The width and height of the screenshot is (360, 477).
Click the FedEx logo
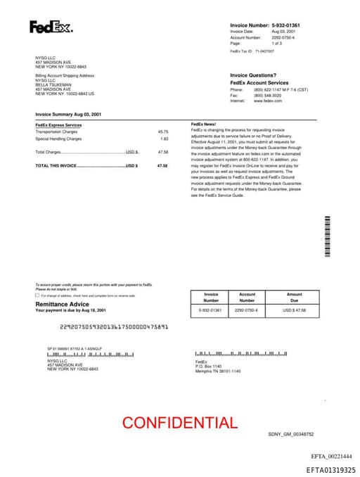pyautogui.click(x=51, y=27)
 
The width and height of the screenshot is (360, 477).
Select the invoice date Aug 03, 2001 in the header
pyautogui.click(x=283, y=32)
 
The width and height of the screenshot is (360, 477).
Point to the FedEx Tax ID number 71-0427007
pyautogui.click(x=264, y=51)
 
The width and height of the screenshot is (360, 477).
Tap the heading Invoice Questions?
pyautogui.click(x=253, y=75)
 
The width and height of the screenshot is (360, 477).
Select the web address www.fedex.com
pyautogui.click(x=267, y=101)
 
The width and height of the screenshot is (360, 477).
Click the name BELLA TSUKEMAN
pyautogui.click(x=53, y=84)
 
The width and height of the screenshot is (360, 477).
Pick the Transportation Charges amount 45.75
pyautogui.click(x=163, y=132)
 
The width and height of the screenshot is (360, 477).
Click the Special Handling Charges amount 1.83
pyautogui.click(x=165, y=139)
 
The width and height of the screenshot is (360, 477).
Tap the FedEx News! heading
pyautogui.click(x=204, y=125)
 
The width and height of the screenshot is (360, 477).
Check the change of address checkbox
pyautogui.click(x=37, y=295)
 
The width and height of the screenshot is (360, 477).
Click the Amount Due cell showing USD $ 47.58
pyautogui.click(x=295, y=310)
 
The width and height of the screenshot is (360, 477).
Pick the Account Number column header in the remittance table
pyautogui.click(x=247, y=297)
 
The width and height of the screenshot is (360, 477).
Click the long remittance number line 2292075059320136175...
pyautogui.click(x=115, y=326)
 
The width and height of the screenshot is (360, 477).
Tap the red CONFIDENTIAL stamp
pyautogui.click(x=180, y=423)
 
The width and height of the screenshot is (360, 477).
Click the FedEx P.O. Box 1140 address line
pyautogui.click(x=208, y=367)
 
